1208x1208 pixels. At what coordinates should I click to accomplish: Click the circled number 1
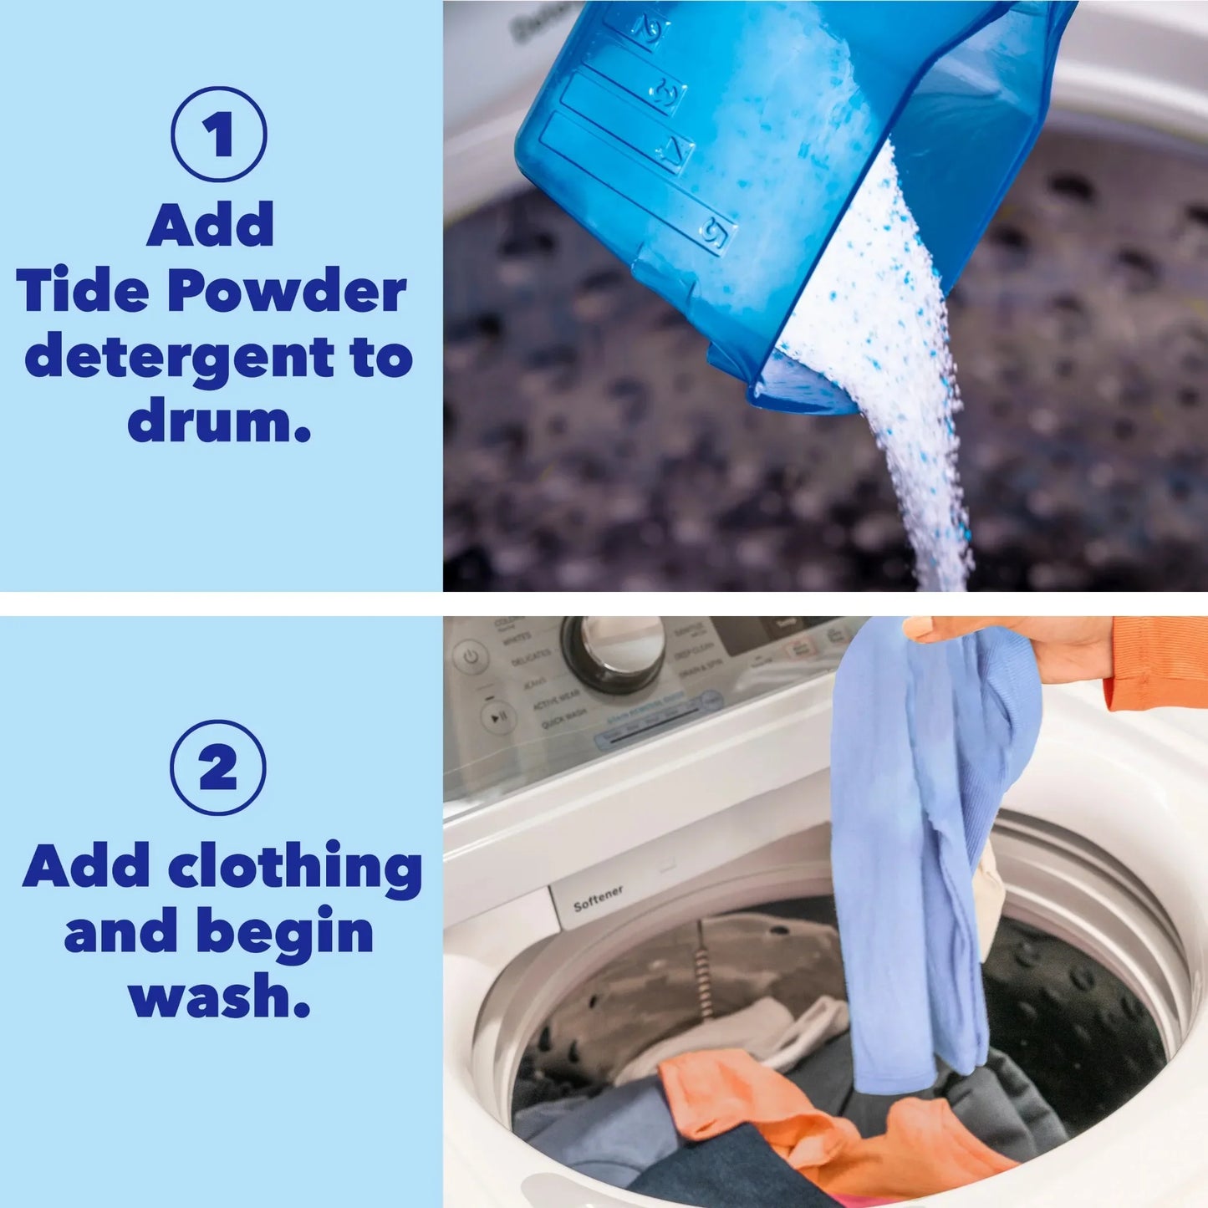(x=219, y=135)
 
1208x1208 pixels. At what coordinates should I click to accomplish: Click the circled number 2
(x=218, y=767)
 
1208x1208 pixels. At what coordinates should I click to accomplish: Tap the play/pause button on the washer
(x=497, y=717)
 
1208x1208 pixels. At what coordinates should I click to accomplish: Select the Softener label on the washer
(x=598, y=899)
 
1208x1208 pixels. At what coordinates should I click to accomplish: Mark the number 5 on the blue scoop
(x=713, y=227)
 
